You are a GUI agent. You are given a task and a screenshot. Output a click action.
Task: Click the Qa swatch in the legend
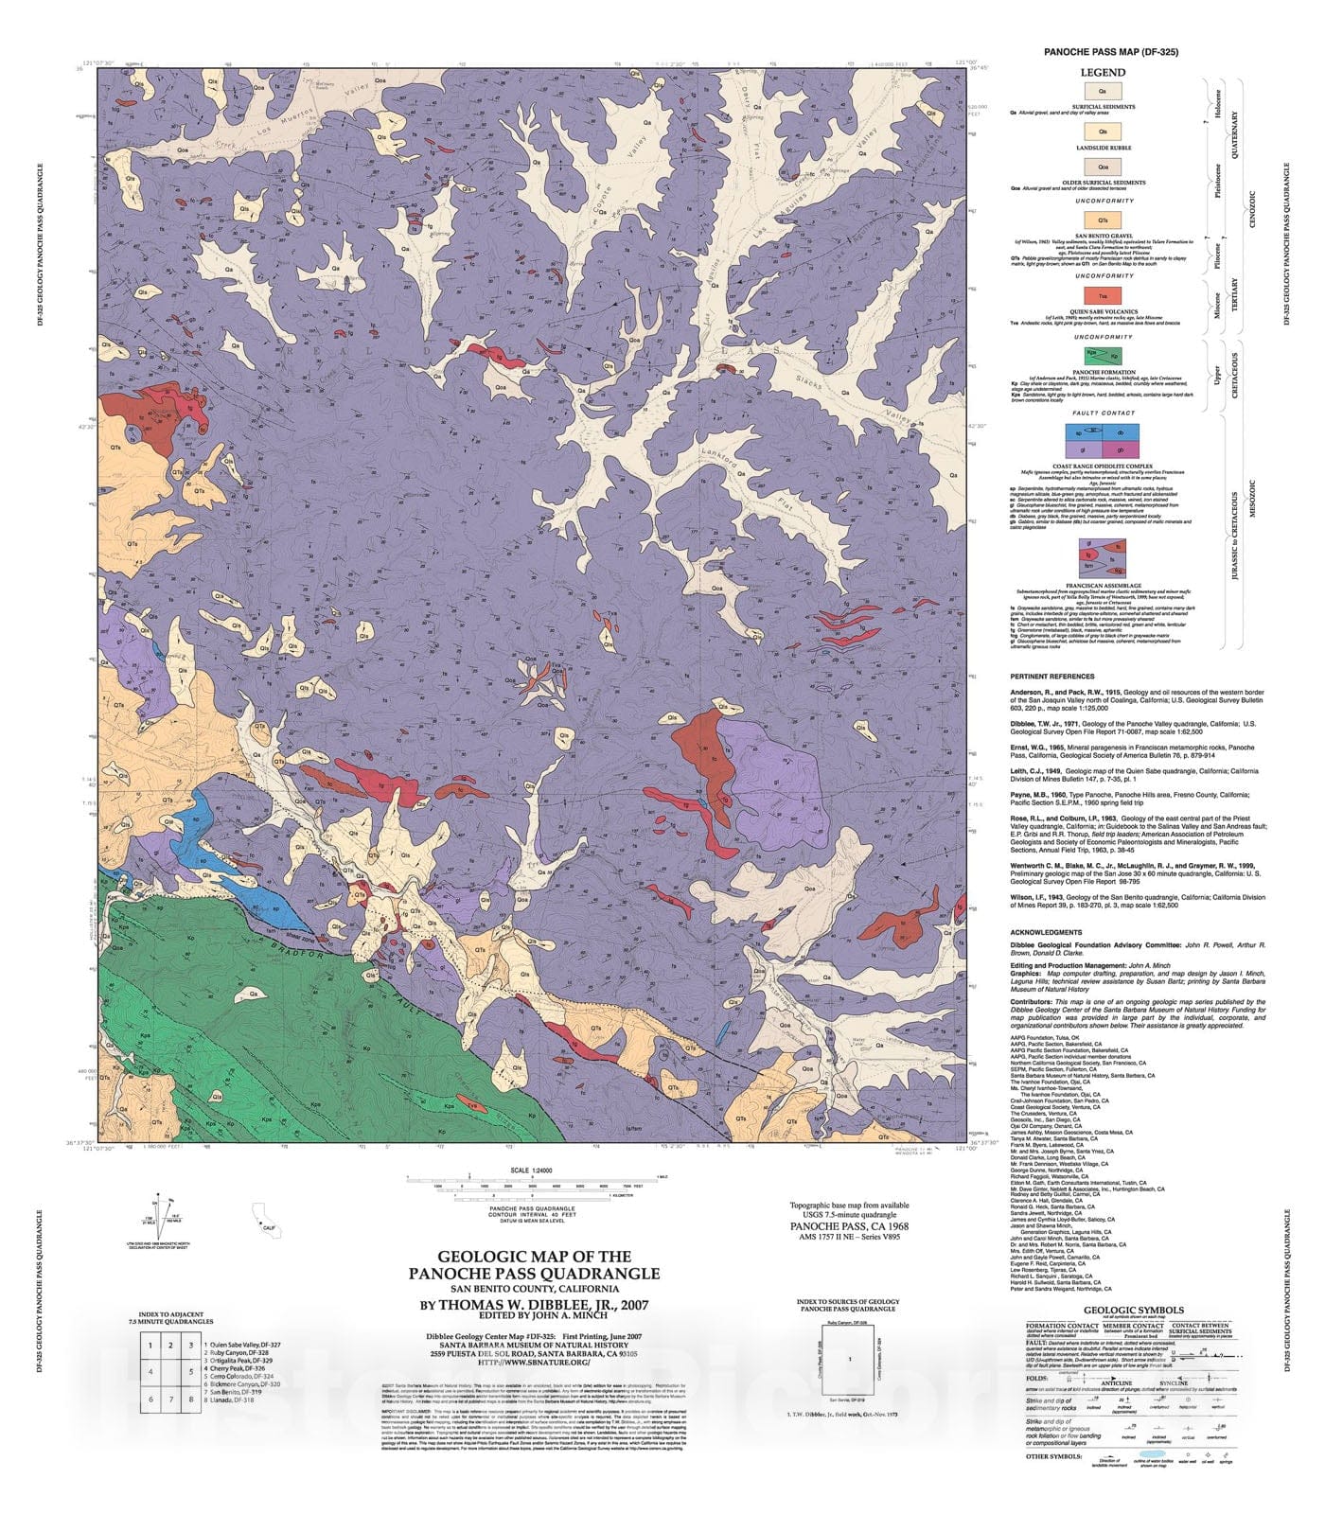point(1104,91)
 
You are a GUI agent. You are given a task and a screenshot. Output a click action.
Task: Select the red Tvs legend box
point(1104,297)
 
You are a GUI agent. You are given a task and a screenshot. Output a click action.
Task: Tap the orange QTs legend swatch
point(1104,220)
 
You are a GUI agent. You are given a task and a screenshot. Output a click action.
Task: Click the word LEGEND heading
point(1104,73)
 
